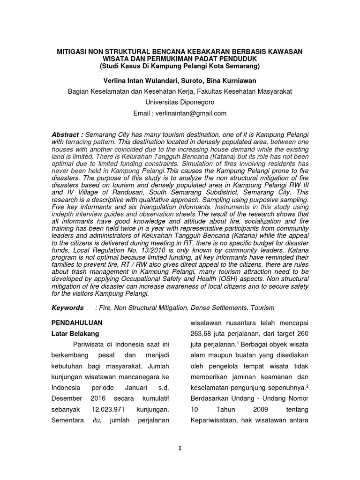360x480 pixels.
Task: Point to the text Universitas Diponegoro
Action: pos(180,102)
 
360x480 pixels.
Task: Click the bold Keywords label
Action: pos(67,307)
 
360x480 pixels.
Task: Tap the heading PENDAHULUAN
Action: pos(76,323)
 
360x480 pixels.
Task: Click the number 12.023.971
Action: pos(106,409)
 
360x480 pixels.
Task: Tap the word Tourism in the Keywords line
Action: pos(262,307)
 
